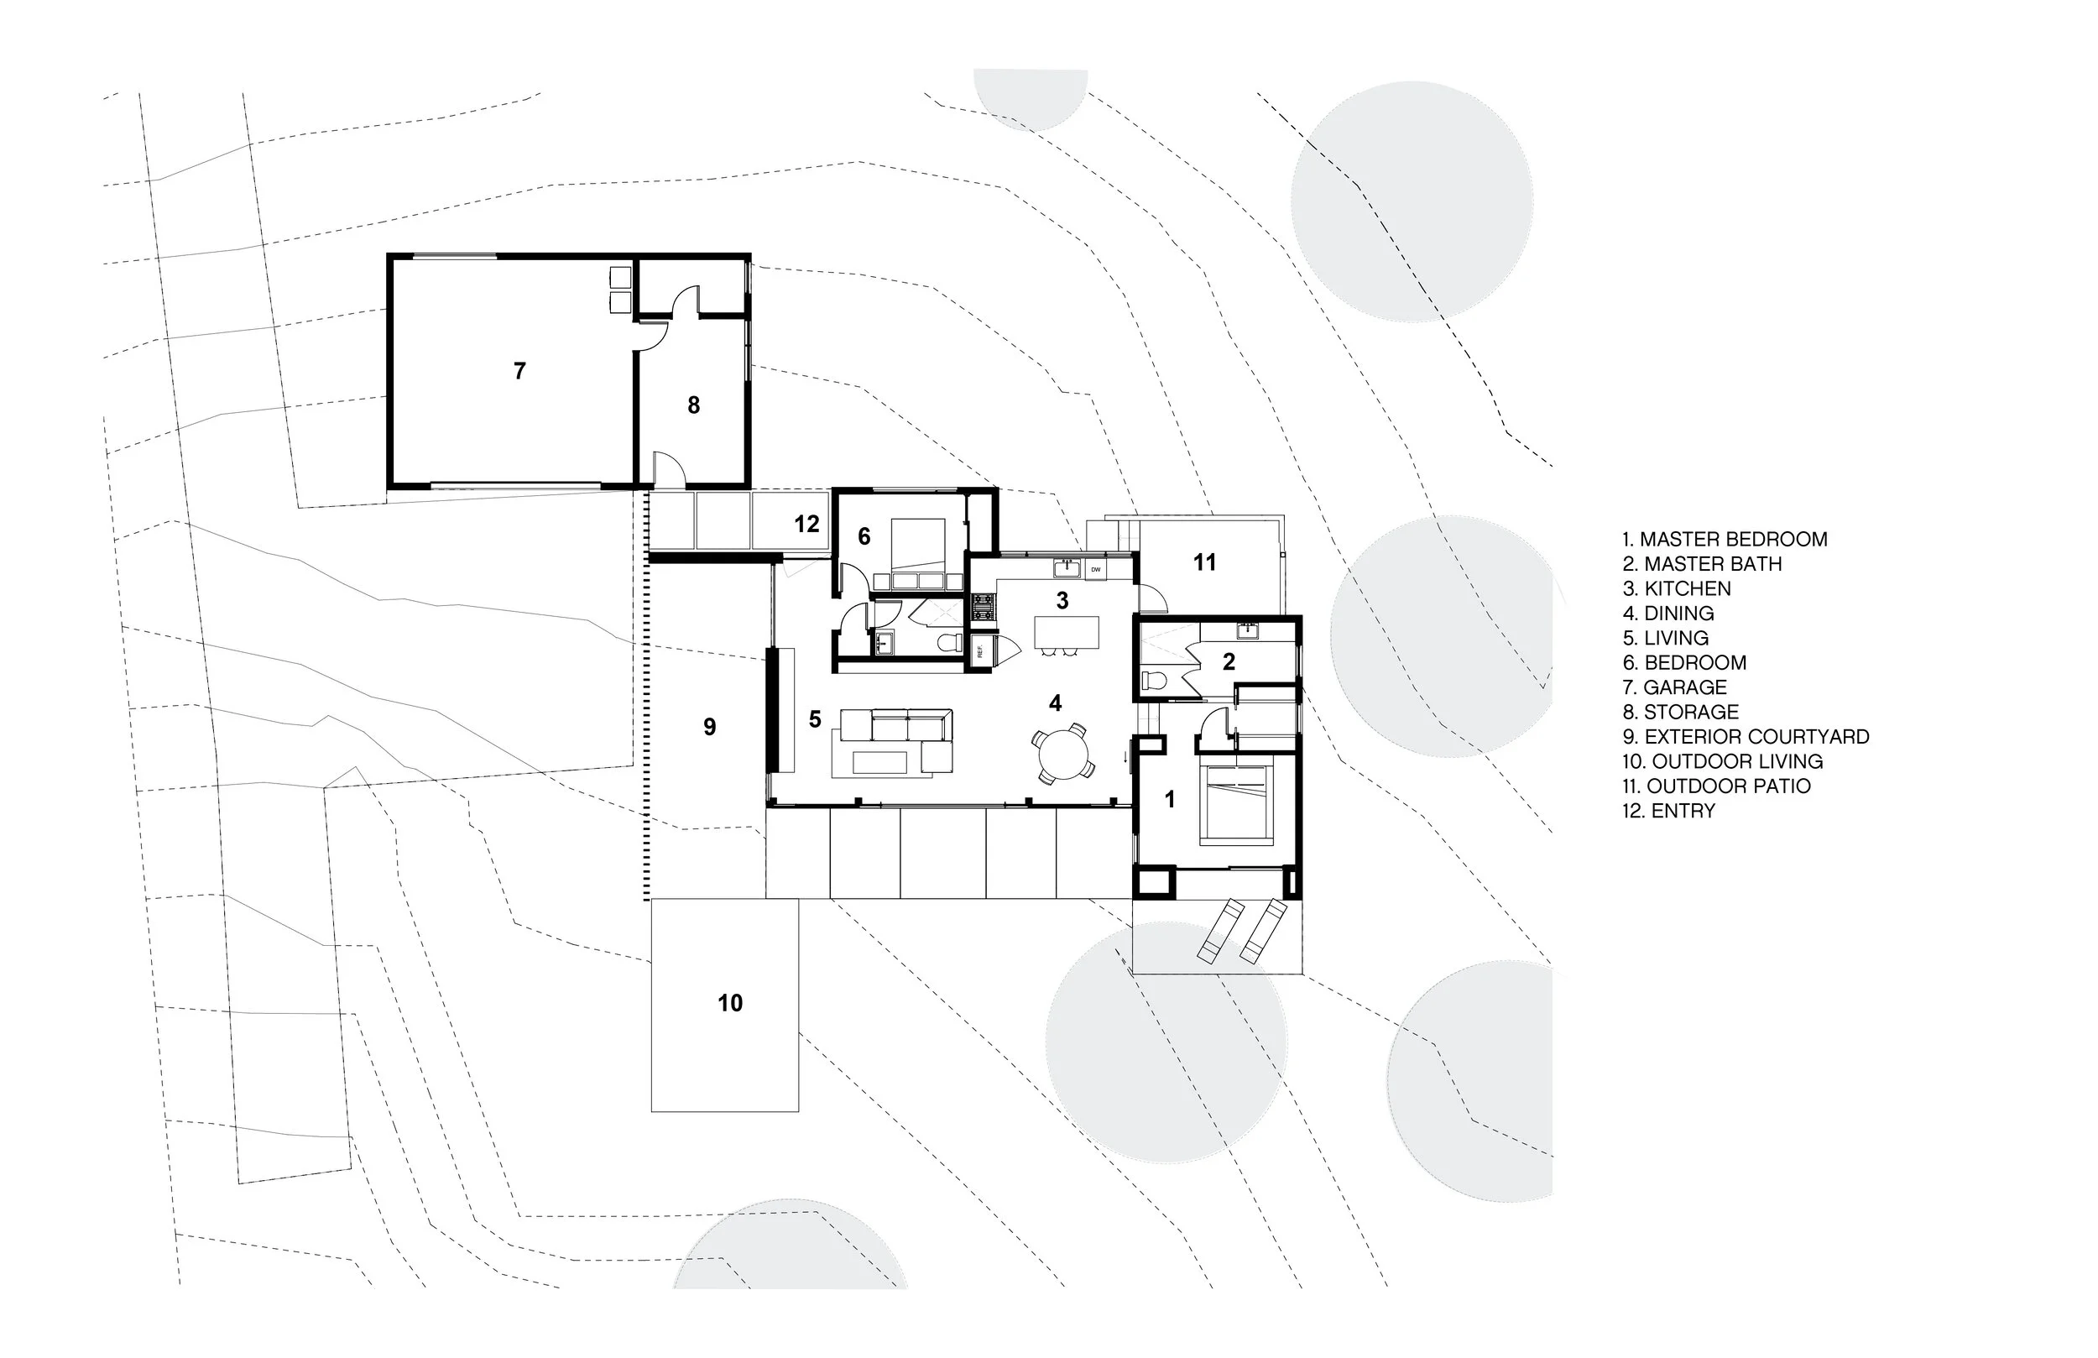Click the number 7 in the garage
tap(520, 371)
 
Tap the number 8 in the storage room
tap(694, 405)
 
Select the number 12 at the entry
tap(806, 524)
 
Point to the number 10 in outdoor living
tap(730, 1003)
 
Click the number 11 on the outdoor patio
tap(1205, 561)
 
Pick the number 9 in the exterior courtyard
tap(710, 727)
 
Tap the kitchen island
tap(1067, 631)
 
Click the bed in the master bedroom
tap(1238, 802)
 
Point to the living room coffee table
tap(880, 762)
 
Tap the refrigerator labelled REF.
tap(979, 652)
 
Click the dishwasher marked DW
tap(1097, 570)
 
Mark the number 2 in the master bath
tap(1229, 661)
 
